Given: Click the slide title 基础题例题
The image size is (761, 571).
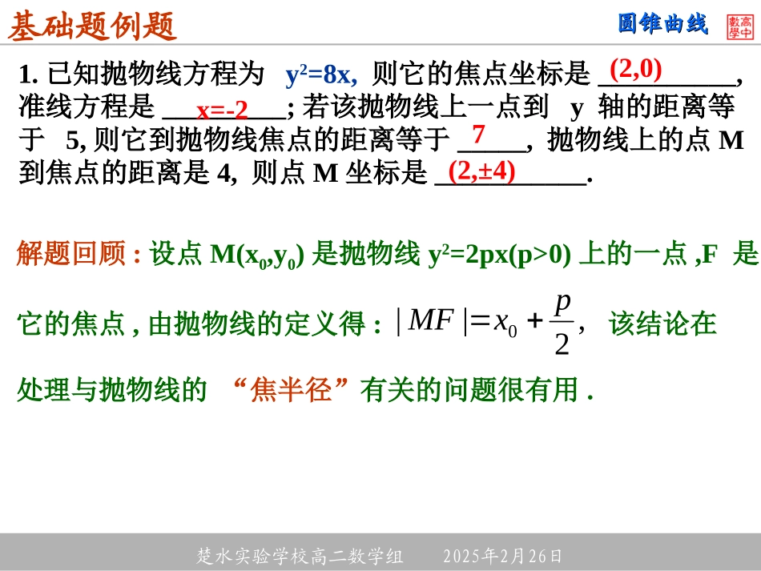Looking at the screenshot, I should (92, 26).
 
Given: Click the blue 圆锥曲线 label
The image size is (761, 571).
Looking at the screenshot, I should (663, 25).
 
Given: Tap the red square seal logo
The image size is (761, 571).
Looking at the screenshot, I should (740, 26).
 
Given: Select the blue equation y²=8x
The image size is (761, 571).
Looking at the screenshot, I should (320, 75).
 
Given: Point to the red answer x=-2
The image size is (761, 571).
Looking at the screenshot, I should (223, 109).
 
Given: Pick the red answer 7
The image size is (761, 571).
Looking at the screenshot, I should (478, 133).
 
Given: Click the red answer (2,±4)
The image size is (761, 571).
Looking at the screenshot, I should (481, 171).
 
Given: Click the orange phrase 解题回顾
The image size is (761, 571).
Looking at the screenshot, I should (71, 255).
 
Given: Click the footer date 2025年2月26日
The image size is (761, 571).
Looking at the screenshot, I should (502, 556).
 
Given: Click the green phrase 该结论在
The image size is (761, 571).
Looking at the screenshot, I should (662, 324).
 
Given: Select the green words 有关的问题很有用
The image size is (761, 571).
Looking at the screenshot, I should (469, 390).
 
